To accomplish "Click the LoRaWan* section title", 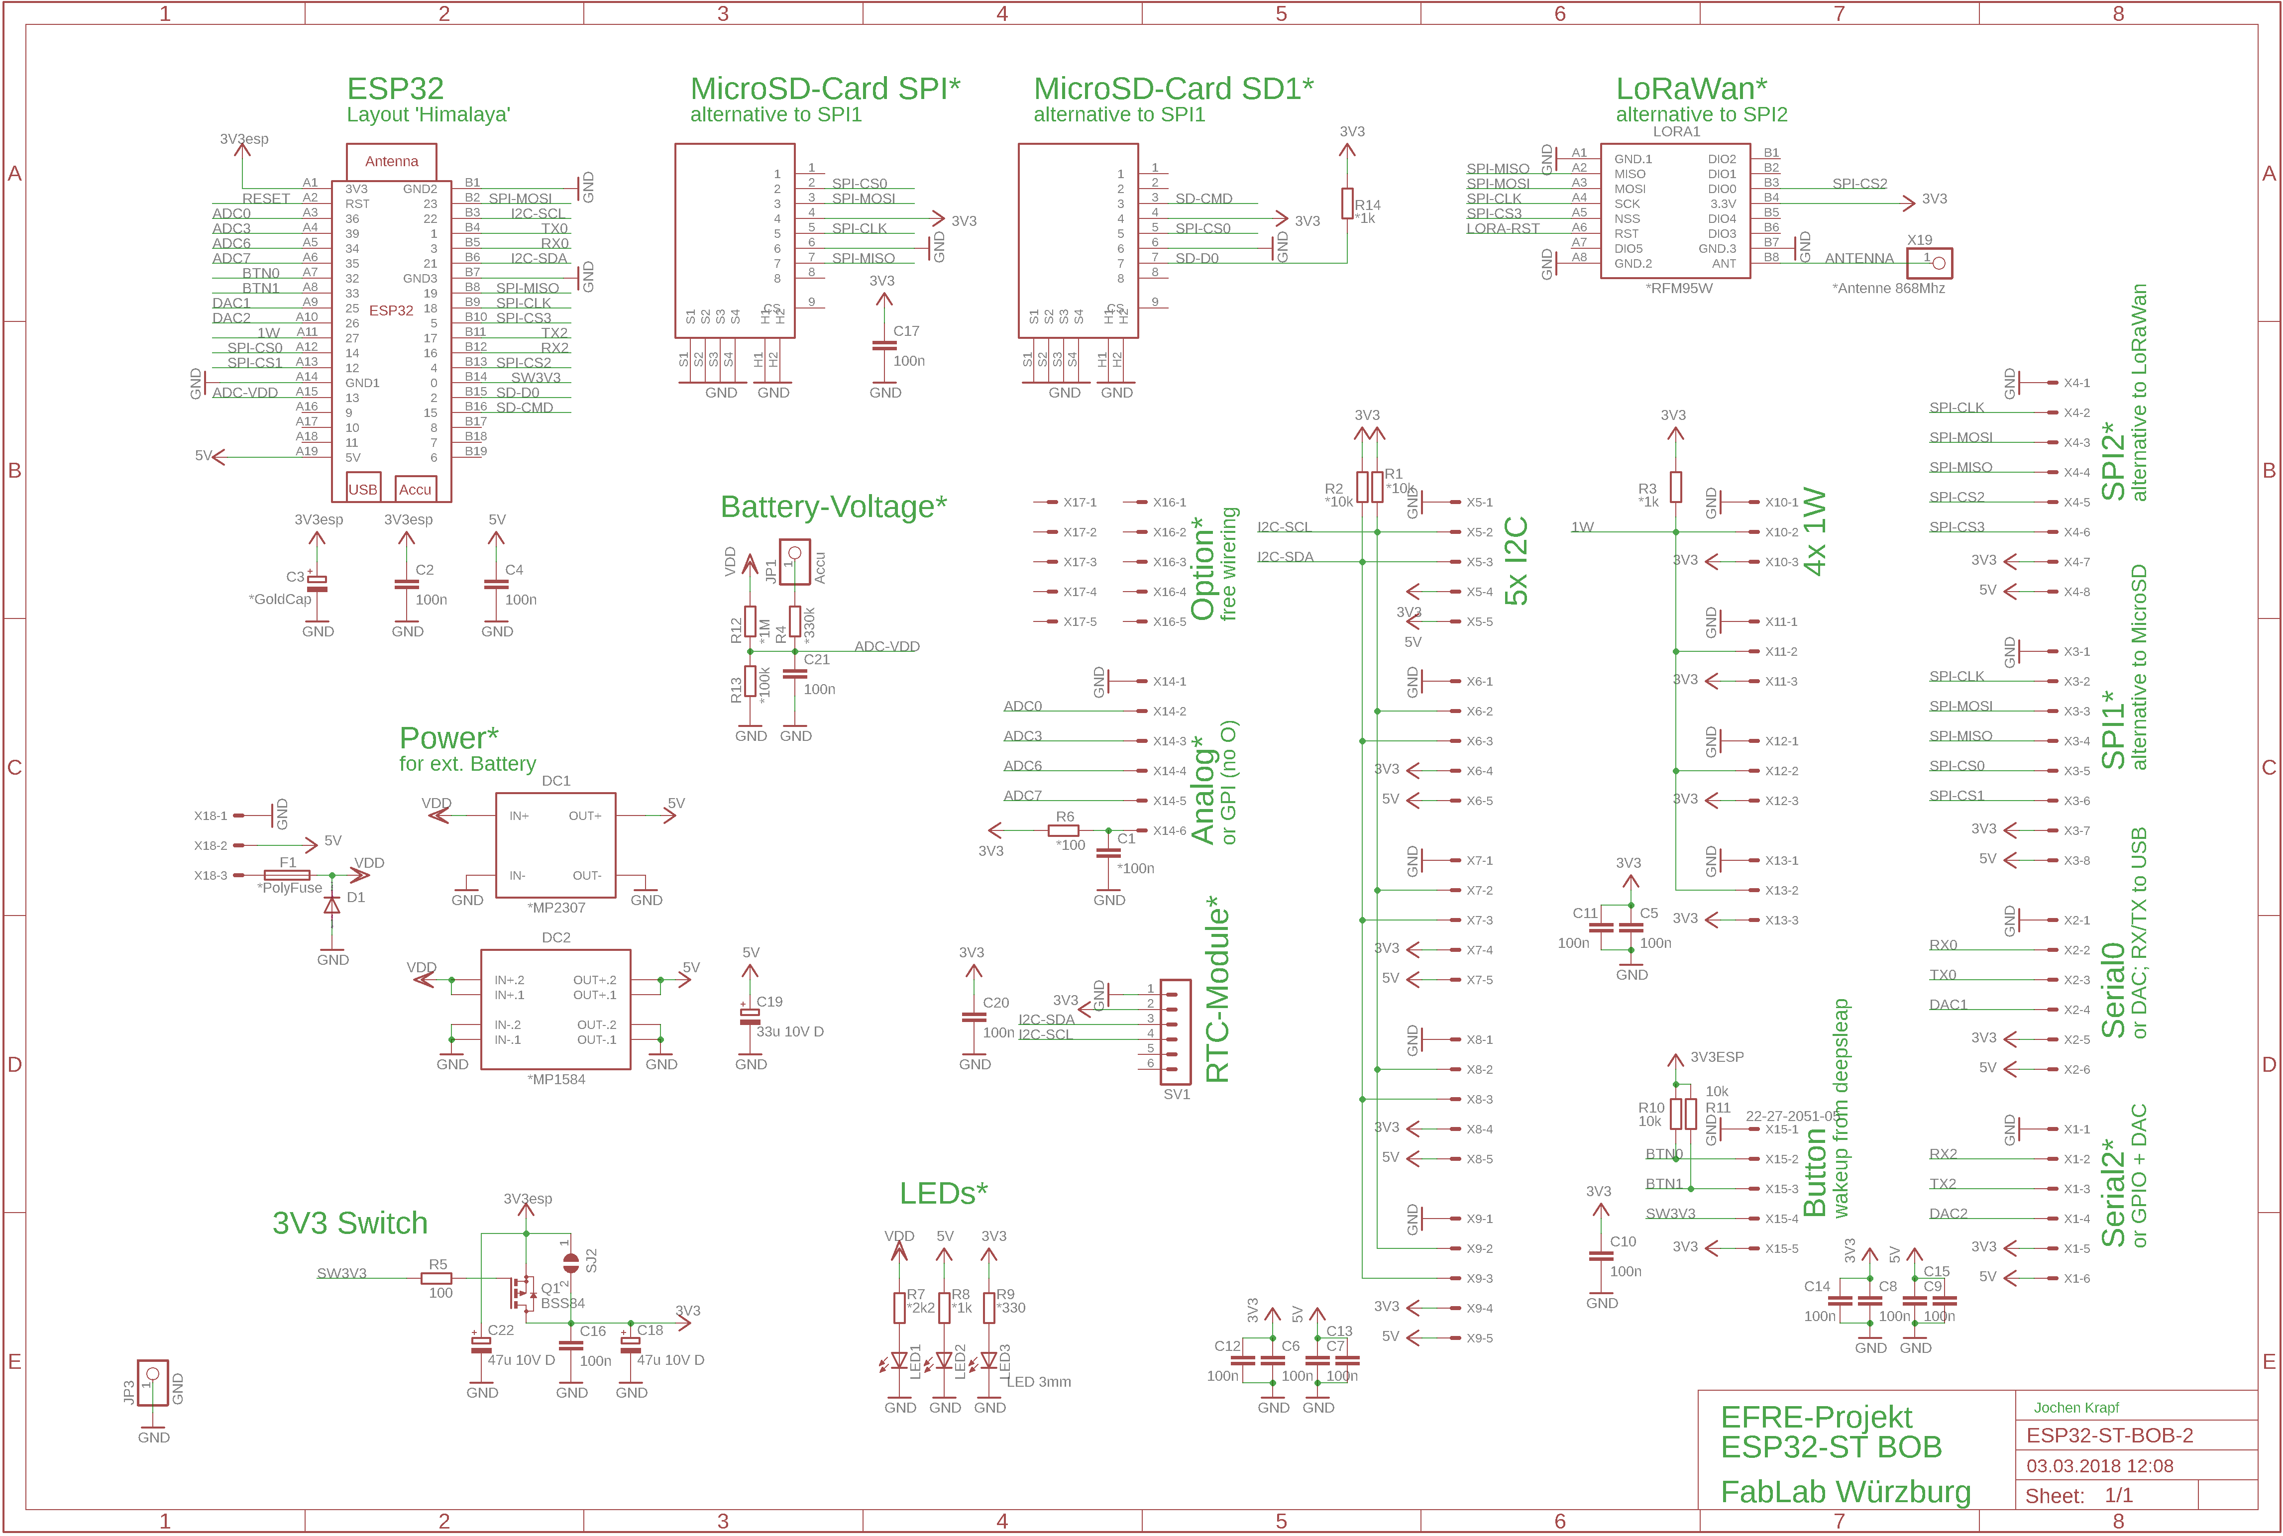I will point(1691,89).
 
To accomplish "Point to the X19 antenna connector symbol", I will point(1929,263).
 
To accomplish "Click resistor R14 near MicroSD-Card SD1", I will point(1347,204).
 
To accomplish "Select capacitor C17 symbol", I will point(883,345).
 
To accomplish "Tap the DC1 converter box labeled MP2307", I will point(555,844).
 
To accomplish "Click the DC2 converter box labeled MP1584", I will point(555,1009).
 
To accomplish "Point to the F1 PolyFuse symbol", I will point(287,875).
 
